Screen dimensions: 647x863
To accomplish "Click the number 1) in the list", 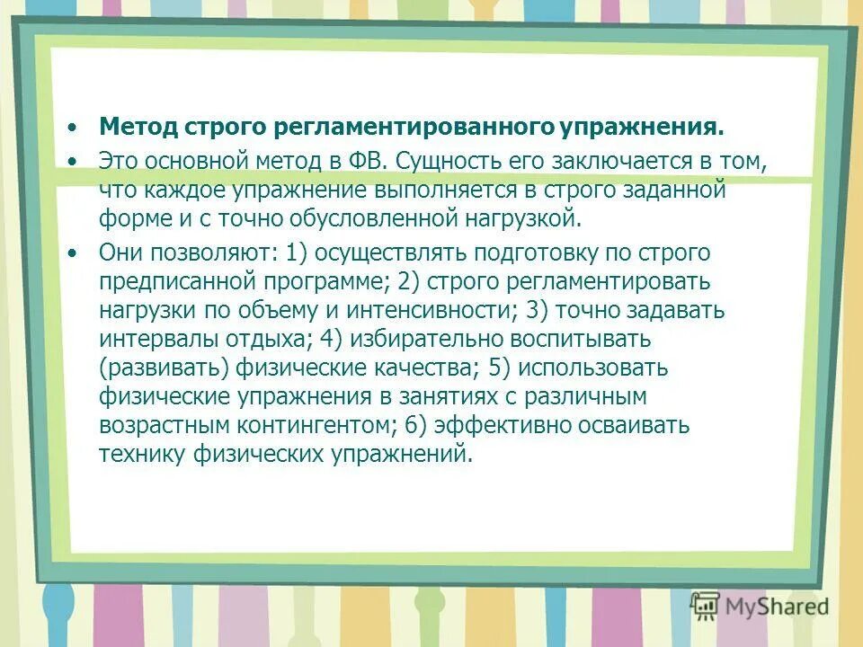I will (x=298, y=253).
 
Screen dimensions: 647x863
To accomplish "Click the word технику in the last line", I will (x=142, y=453).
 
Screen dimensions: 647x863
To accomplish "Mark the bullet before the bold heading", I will (x=73, y=127).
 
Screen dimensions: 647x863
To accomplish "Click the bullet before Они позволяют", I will (x=73, y=253).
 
